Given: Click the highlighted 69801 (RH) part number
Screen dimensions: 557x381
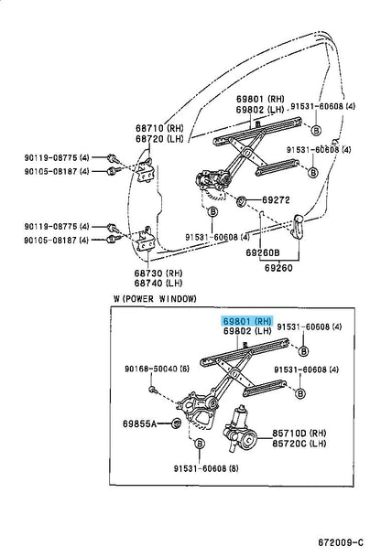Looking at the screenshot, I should [x=247, y=322].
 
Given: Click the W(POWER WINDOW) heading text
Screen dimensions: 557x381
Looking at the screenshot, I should [x=151, y=299].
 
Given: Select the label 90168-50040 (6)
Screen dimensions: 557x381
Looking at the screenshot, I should [x=158, y=369].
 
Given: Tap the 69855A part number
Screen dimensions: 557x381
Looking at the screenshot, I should [x=140, y=423].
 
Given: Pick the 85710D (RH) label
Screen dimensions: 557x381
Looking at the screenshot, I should [x=303, y=431].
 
